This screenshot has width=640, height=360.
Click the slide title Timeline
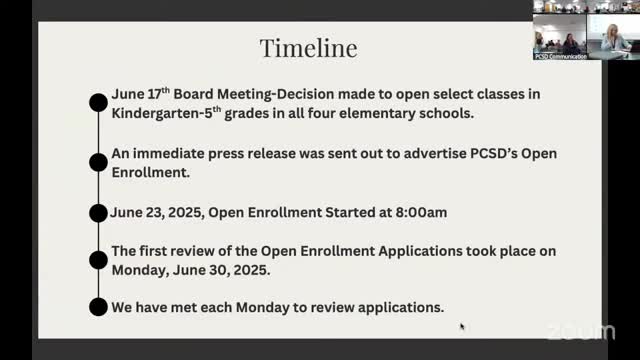pyautogui.click(x=308, y=47)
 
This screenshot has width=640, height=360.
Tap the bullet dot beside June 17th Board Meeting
pyautogui.click(x=98, y=101)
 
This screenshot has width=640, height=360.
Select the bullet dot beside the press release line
pyautogui.click(x=98, y=160)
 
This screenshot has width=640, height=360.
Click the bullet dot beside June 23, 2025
pyautogui.click(x=98, y=212)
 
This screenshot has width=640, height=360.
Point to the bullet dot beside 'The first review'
pyautogui.click(x=98, y=260)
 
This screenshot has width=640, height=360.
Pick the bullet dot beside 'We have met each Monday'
pyautogui.click(x=98, y=307)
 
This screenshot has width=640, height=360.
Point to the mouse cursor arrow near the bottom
pyautogui.click(x=461, y=325)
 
